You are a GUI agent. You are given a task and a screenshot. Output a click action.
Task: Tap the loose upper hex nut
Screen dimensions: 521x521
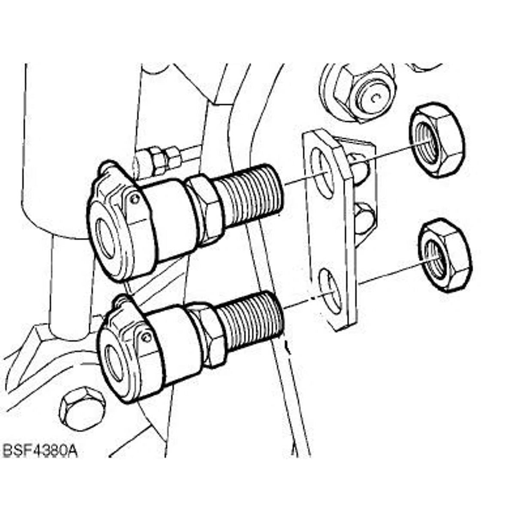click(437, 140)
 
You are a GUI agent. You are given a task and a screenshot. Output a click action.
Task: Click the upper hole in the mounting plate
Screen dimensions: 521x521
click(322, 173)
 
